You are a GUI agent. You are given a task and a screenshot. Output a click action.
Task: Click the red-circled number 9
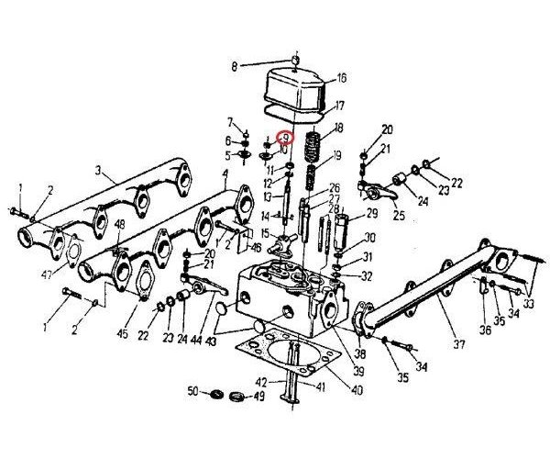[x=285, y=138]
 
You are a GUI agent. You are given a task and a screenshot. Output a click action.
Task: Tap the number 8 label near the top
[x=234, y=66]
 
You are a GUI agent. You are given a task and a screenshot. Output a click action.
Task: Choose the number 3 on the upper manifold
[x=98, y=170]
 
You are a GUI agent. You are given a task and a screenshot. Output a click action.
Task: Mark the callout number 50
[x=192, y=392]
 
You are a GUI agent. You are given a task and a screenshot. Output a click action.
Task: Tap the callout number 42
[x=261, y=381]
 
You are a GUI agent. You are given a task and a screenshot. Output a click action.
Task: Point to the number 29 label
[x=372, y=213]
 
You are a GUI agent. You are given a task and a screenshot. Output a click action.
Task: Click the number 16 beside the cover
[x=341, y=78]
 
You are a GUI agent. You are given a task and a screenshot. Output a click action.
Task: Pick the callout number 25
[x=399, y=217]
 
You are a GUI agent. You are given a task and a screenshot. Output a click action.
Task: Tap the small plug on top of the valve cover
[x=295, y=61]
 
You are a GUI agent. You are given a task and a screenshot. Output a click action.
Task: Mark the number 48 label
[x=120, y=223]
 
